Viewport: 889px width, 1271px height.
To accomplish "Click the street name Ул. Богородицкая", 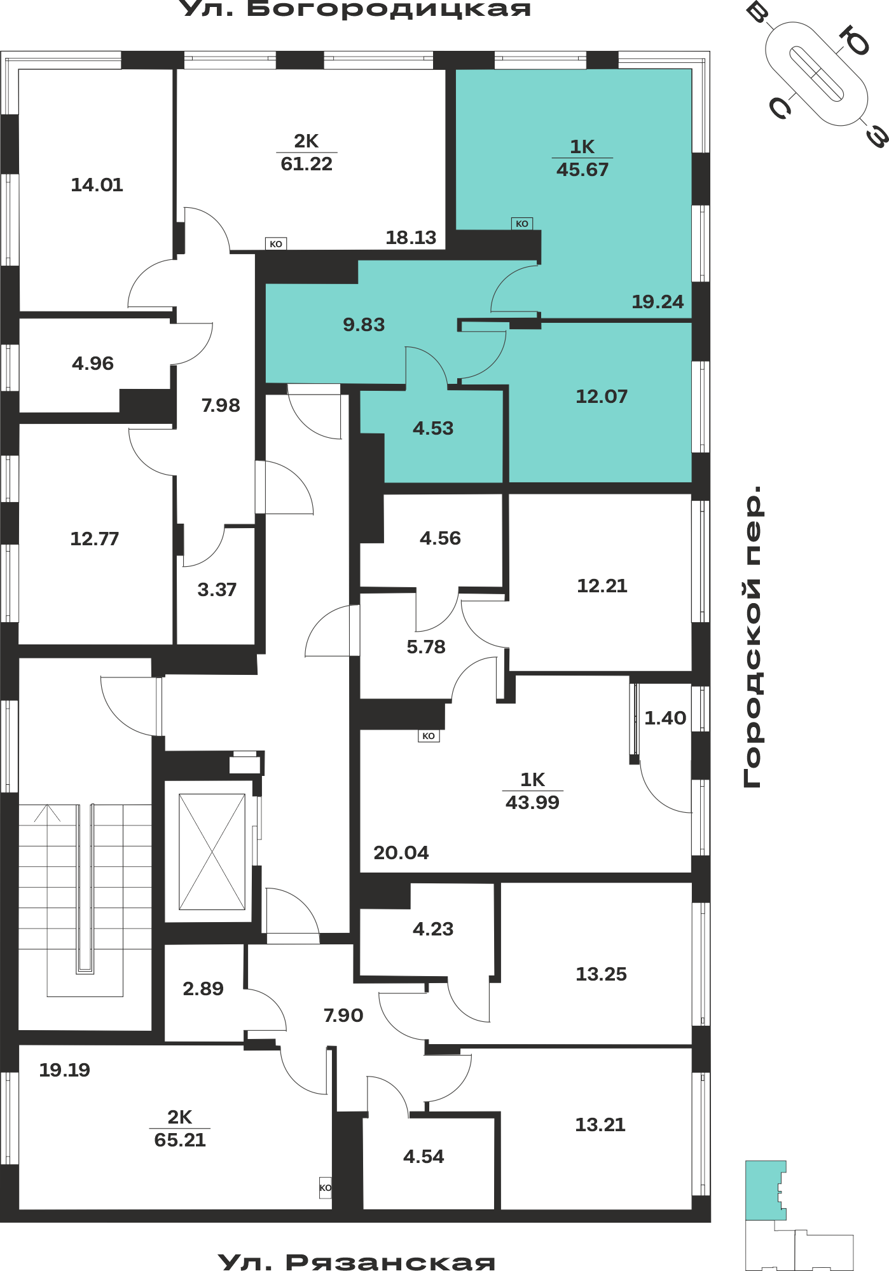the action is [x=356, y=9].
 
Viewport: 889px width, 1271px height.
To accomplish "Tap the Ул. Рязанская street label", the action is [x=356, y=1262].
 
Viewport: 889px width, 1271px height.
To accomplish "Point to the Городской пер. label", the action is [x=752, y=637].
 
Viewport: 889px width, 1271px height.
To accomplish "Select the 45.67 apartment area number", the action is [x=582, y=170].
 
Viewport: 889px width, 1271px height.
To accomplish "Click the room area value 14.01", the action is [x=97, y=185].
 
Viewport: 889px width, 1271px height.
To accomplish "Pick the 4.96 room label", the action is [x=93, y=364].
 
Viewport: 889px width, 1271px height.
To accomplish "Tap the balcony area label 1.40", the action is [x=665, y=718].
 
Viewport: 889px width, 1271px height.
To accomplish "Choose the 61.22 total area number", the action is [x=307, y=164].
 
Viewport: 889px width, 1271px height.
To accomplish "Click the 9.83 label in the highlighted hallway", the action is [x=364, y=325].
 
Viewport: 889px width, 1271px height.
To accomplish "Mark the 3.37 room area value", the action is [x=217, y=590].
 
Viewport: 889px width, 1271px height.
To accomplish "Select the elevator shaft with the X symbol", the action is [x=212, y=852].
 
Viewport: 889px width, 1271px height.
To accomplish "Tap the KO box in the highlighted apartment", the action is [x=522, y=224].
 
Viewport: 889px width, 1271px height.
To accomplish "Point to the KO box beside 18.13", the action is [x=276, y=244].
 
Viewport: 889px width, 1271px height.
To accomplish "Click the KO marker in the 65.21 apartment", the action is [x=325, y=1188].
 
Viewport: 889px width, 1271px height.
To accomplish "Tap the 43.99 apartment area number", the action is [x=532, y=803].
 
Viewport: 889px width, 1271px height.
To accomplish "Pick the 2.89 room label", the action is [x=203, y=989].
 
